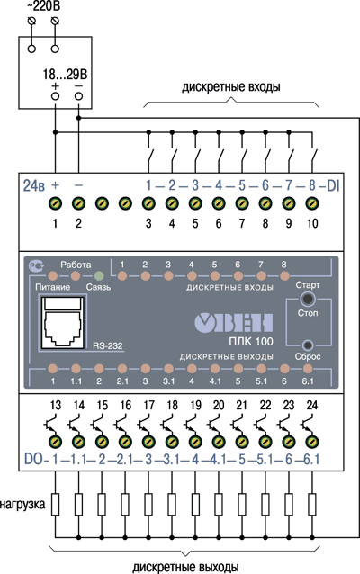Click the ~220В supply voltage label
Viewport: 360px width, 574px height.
[43, 6]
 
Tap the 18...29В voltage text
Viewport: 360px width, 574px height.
[65, 75]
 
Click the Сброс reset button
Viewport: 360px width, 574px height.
[308, 345]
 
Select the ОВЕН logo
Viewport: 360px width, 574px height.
[234, 323]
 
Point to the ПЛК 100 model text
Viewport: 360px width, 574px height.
[251, 342]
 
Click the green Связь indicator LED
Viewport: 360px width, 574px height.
[99, 275]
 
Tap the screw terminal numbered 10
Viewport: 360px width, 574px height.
[312, 203]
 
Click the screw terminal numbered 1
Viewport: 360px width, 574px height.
[55, 203]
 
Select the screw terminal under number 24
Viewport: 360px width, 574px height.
[312, 442]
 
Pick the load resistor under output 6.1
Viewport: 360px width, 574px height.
[312, 505]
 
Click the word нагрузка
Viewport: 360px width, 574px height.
[22, 505]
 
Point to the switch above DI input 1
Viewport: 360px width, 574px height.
[150, 157]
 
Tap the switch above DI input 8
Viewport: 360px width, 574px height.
[314, 157]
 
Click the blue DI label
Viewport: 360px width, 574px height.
[333, 185]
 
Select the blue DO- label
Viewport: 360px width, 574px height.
[36, 459]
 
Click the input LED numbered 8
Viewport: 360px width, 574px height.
[284, 275]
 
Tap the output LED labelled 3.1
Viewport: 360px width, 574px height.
[168, 369]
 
